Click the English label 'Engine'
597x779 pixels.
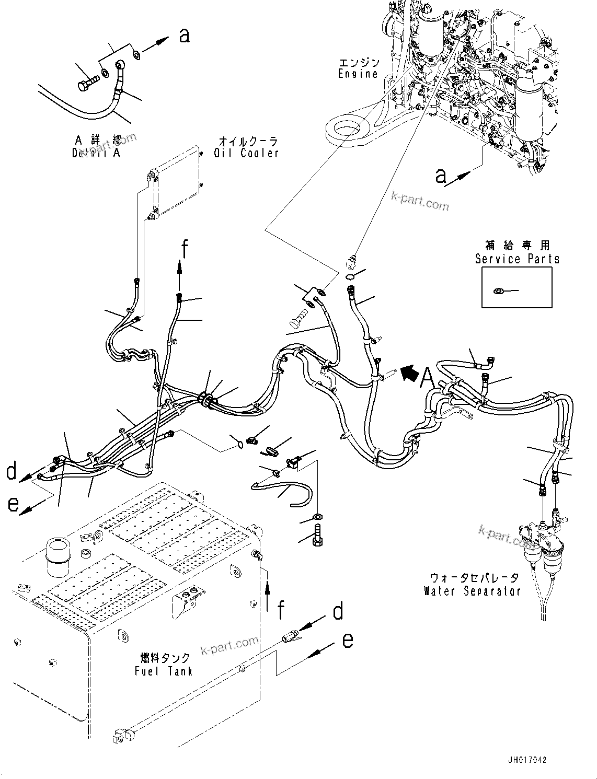(x=358, y=74)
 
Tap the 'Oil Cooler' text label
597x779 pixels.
(x=246, y=153)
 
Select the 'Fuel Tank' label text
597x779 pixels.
(x=164, y=671)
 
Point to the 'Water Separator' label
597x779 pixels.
(x=472, y=591)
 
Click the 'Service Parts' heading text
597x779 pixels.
(x=516, y=259)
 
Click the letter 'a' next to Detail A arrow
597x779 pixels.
(x=184, y=36)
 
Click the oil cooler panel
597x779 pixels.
(x=176, y=183)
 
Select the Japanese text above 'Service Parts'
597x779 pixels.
(x=516, y=245)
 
